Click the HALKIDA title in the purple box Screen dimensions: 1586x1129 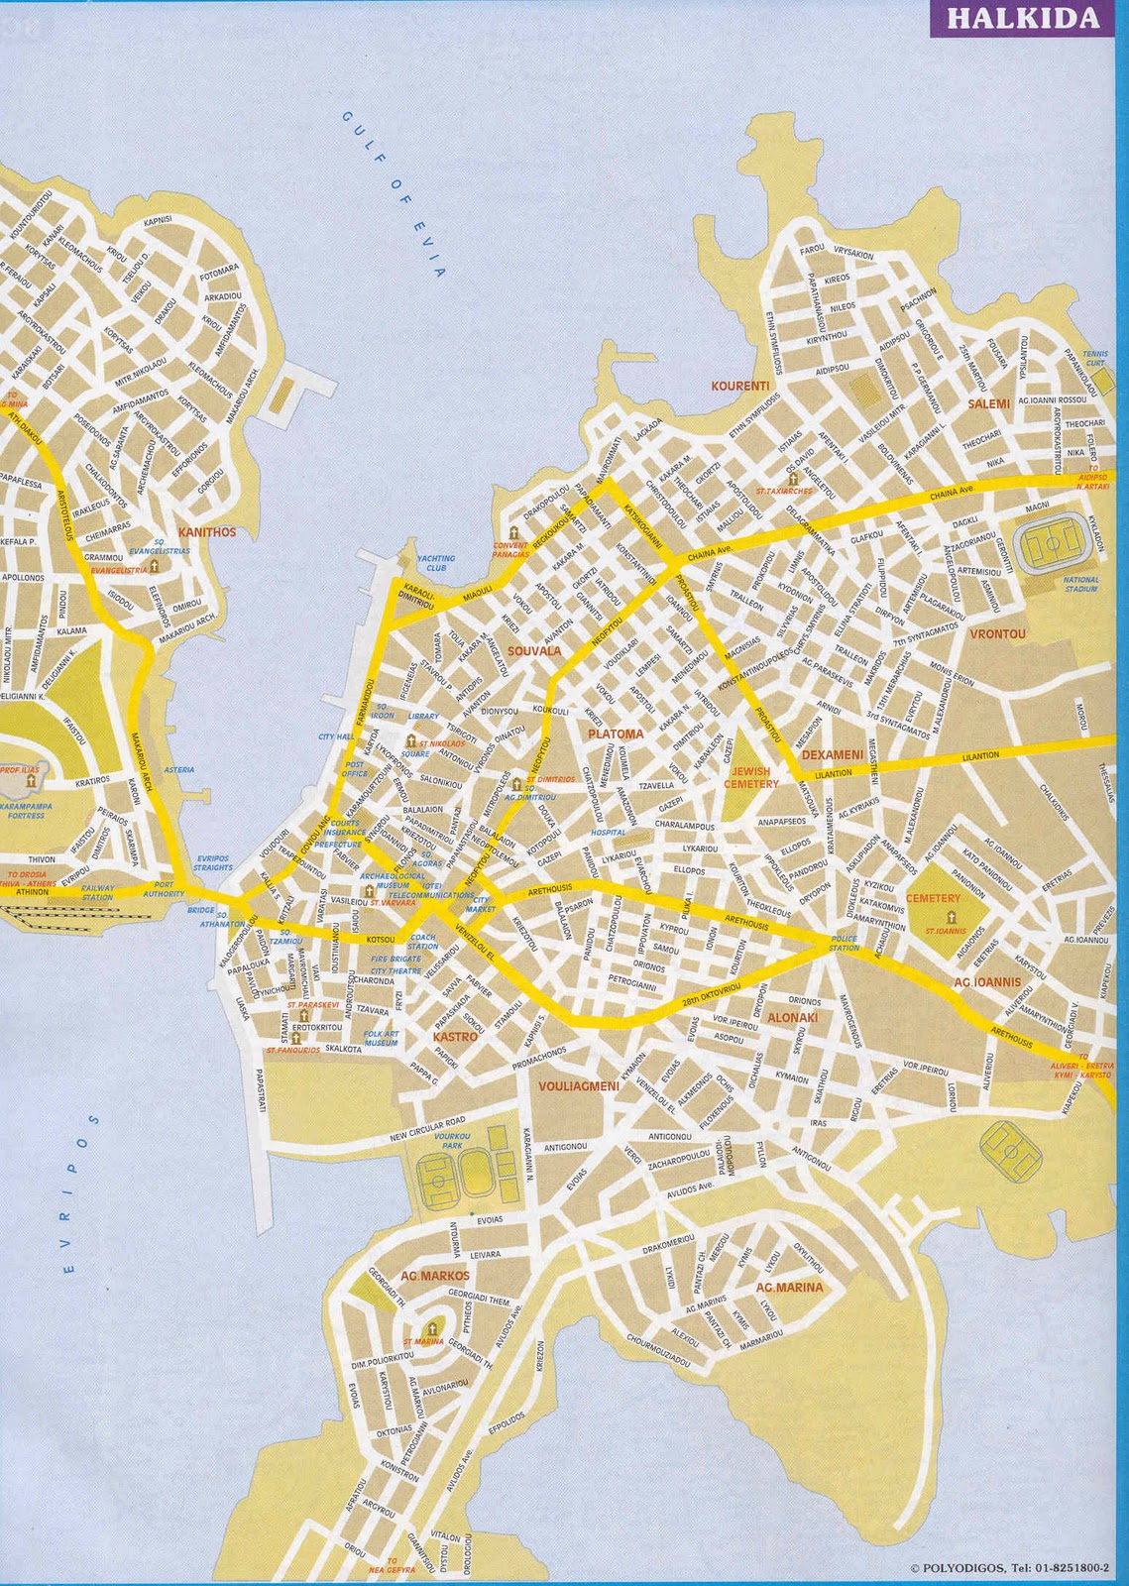(x=1027, y=18)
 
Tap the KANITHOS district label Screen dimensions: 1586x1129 (x=207, y=532)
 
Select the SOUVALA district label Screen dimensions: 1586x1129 (x=534, y=651)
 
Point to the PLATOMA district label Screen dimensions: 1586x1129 (x=616, y=735)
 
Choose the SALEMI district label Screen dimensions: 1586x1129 (x=989, y=403)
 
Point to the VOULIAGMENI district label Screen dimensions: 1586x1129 (x=578, y=1086)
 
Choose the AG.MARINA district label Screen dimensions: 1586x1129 (x=789, y=1288)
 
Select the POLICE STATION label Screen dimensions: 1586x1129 (x=845, y=943)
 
